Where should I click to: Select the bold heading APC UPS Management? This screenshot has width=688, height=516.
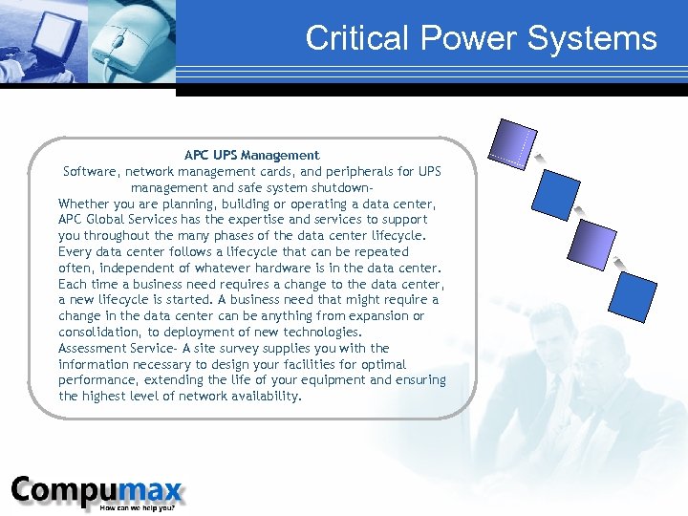(251, 155)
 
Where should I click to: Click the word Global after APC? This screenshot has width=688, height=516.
(107, 220)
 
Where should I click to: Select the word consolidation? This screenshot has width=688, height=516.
(99, 332)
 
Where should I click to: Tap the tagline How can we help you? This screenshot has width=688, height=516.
(143, 507)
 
